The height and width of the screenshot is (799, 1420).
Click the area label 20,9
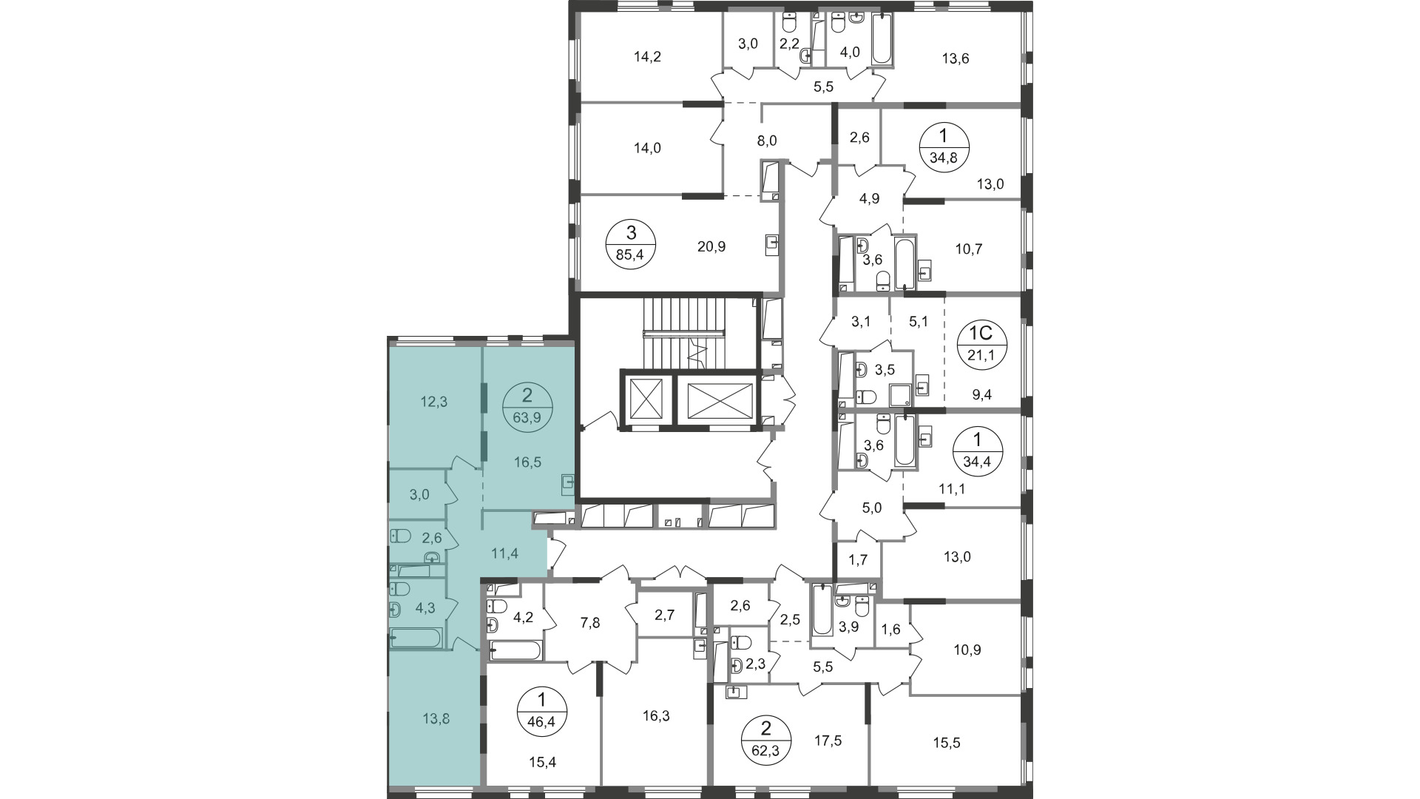(711, 246)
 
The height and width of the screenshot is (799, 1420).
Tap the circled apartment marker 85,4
(631, 244)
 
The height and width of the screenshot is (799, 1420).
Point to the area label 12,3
(434, 402)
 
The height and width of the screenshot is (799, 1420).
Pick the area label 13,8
(435, 718)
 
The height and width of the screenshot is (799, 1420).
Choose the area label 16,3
(656, 716)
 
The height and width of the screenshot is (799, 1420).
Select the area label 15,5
(946, 743)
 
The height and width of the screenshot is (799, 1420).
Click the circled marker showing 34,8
(944, 147)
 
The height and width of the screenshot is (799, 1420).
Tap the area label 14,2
(647, 58)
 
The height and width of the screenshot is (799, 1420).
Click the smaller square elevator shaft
(647, 399)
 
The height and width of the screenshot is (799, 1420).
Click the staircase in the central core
(685, 332)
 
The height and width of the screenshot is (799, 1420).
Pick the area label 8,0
(768, 141)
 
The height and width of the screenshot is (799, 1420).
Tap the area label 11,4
(505, 552)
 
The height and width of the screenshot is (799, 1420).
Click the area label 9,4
(982, 395)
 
